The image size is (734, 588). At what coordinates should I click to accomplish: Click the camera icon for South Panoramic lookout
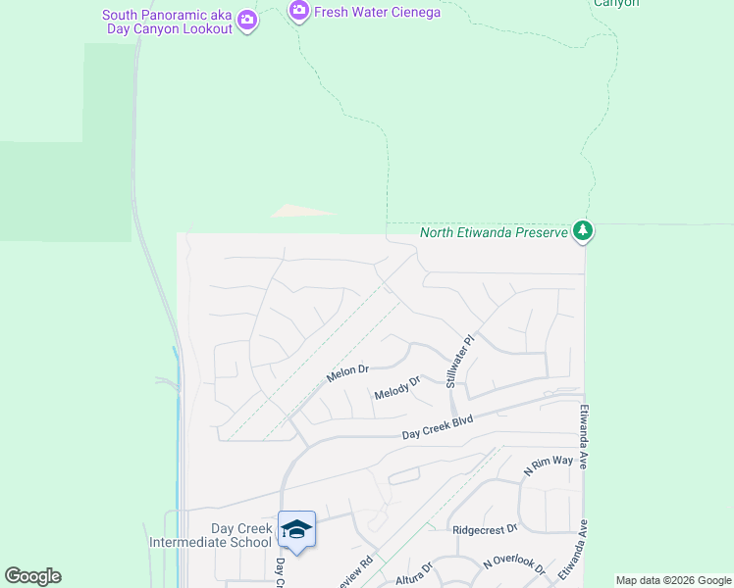(247, 20)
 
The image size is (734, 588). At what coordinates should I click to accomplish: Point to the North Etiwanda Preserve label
(495, 232)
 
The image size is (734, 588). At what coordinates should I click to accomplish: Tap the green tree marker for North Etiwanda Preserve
(584, 231)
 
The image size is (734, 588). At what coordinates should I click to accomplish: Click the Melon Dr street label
(347, 374)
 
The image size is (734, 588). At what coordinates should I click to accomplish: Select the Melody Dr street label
(396, 388)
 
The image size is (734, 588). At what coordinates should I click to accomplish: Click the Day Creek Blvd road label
(438, 427)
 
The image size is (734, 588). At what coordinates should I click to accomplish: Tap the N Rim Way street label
(548, 465)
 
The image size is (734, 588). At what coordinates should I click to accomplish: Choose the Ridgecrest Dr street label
(485, 529)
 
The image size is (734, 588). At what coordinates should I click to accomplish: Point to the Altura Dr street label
(413, 569)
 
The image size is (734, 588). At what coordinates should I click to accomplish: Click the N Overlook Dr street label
(514, 565)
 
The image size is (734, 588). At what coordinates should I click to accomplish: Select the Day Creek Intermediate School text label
(210, 535)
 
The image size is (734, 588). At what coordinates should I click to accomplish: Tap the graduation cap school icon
(296, 529)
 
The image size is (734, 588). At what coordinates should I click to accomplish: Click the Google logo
(32, 576)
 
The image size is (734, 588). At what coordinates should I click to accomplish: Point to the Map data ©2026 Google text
(672, 580)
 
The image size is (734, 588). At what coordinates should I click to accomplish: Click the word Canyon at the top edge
(616, 3)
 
